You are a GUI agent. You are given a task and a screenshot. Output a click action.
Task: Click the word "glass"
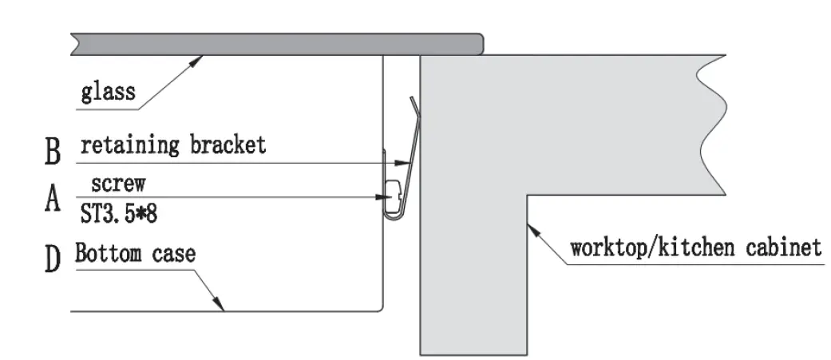(108, 93)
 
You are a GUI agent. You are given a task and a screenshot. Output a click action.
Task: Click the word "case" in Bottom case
(172, 255)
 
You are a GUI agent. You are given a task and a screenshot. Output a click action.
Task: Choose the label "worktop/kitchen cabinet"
(694, 247)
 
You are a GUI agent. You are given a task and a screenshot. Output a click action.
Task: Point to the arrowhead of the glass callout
(203, 57)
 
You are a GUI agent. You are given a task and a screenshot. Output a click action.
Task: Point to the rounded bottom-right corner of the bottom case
(382, 308)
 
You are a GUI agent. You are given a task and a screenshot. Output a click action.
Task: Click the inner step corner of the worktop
(526, 194)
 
